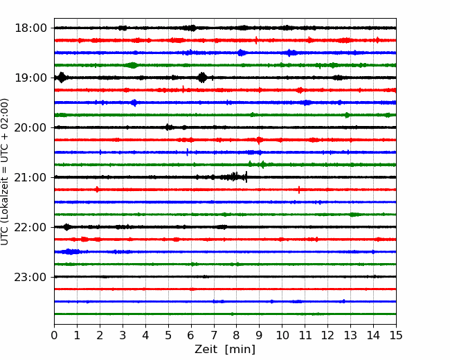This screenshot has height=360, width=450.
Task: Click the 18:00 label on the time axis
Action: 30,28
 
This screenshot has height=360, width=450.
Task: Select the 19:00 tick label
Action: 30,78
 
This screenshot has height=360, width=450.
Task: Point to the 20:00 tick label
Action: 30,127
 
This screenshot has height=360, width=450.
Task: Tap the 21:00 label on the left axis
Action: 30,177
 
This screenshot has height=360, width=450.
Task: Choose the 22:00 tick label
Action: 30,227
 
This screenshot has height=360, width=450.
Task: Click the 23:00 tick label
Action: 30,277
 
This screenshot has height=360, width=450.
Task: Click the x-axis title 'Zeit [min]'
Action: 225,350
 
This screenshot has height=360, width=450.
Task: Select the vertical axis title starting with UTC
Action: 5,172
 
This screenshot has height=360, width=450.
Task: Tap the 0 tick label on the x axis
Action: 54,335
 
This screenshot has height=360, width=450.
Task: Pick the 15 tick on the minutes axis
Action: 396,335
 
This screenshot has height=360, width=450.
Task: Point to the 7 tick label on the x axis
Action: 214,335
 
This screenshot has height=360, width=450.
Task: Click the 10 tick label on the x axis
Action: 282,335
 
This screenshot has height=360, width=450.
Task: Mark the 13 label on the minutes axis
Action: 350,335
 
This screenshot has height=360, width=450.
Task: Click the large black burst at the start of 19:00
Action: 62,78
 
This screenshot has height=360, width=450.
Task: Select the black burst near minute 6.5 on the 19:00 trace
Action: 203,78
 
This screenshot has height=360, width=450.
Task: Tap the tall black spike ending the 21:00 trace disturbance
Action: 246,177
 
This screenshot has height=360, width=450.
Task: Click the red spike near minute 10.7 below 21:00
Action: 299,190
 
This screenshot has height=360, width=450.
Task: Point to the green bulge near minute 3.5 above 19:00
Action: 133,65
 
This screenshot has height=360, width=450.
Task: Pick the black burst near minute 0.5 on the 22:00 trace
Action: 67,227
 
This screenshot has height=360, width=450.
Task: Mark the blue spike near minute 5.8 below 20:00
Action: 188,152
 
